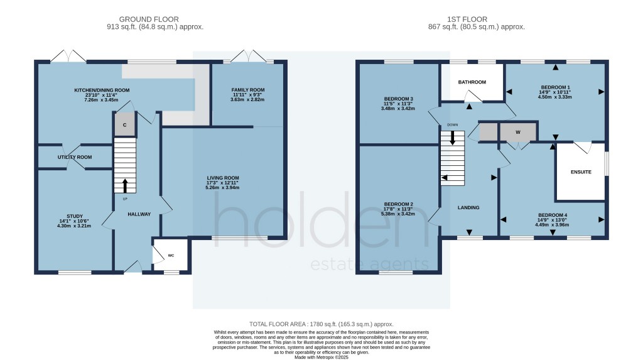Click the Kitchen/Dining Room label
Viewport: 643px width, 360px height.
tap(102, 90)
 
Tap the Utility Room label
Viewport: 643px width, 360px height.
tap(75, 157)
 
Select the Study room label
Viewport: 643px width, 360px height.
tap(66, 215)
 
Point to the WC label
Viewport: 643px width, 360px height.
tap(171, 256)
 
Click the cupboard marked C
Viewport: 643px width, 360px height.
tap(125, 125)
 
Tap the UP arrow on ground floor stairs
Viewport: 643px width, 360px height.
tap(124, 185)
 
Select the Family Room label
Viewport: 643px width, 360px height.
tap(248, 90)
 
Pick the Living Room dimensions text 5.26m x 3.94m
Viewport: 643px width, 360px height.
tap(223, 188)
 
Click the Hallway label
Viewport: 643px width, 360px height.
tap(139, 214)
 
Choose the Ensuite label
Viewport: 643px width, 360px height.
tap(581, 172)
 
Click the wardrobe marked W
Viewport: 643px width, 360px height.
tap(518, 133)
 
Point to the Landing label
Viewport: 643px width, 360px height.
tap(468, 207)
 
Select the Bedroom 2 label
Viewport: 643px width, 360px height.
tap(397, 204)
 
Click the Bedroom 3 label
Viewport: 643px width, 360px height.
tap(397, 99)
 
